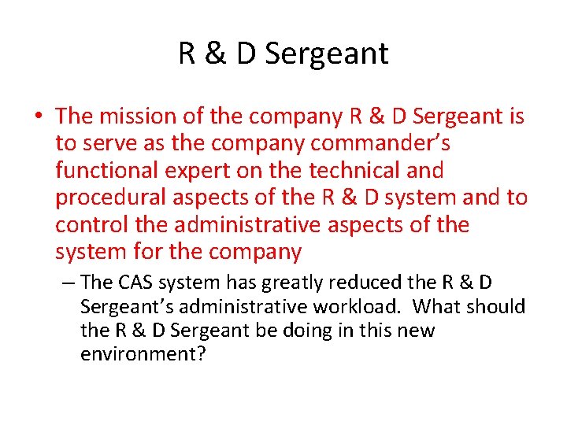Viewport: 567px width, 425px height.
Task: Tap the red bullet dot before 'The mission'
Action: pyautogui.click(x=39, y=116)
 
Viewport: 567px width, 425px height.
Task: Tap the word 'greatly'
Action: pyautogui.click(x=283, y=282)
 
